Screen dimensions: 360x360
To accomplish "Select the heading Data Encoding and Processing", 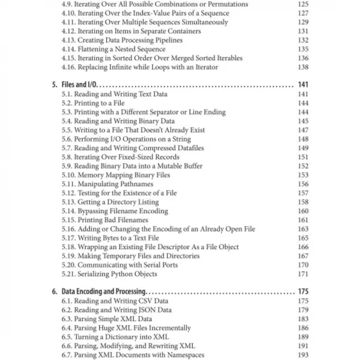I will [x=103, y=292].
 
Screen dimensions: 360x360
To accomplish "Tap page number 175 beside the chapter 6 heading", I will [x=303, y=292].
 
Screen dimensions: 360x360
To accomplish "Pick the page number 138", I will [x=303, y=67].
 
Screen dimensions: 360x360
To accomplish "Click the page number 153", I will [x=303, y=175].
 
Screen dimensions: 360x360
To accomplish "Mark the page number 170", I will [x=303, y=265].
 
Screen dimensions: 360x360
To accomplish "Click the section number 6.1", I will [x=67, y=301].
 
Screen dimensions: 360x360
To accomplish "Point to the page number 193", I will [x=303, y=355].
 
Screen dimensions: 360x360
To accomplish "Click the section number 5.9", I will [x=67, y=166].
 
